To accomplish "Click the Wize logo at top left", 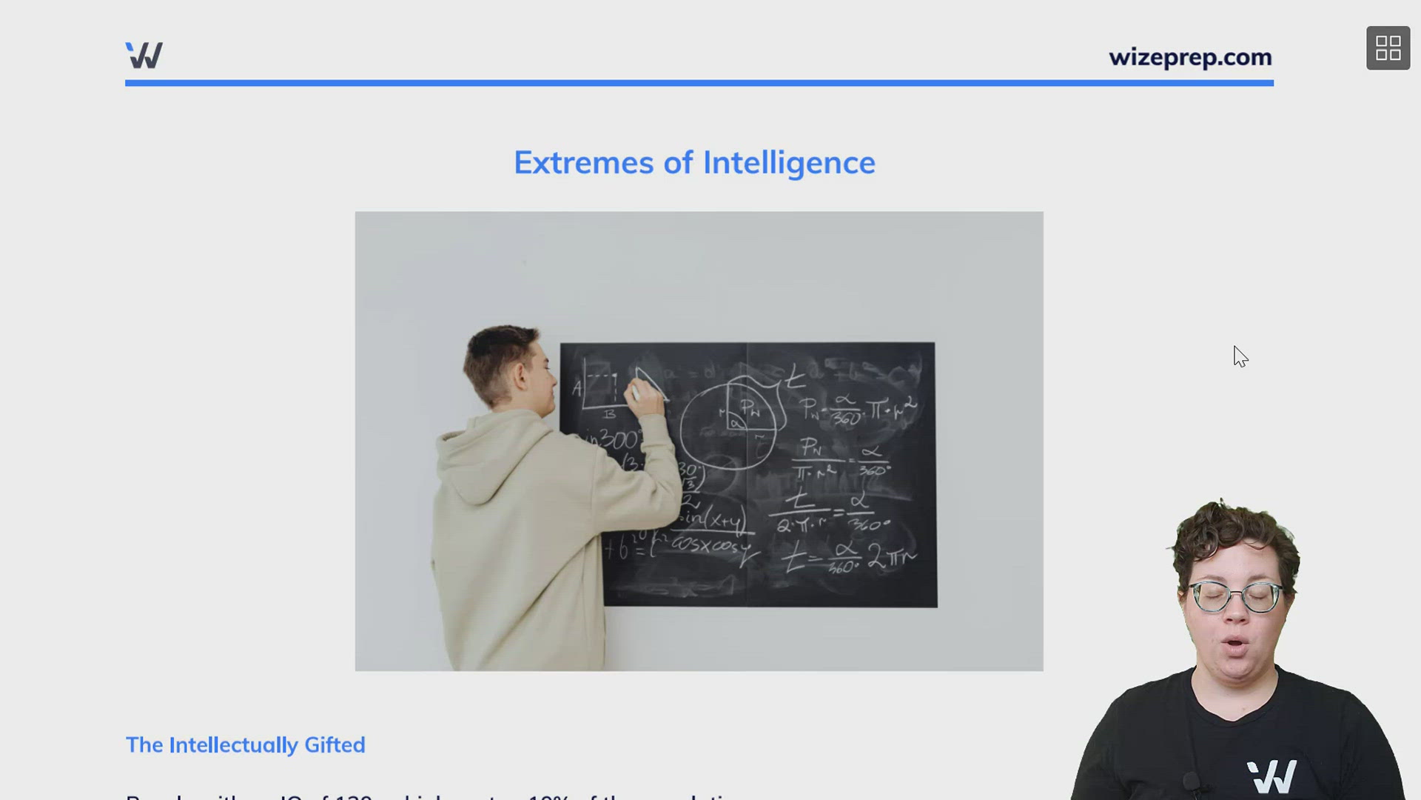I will [x=144, y=56].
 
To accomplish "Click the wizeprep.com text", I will [x=1189, y=57].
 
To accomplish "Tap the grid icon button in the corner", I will [x=1388, y=48].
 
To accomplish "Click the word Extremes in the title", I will [x=583, y=163].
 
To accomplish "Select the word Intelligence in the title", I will [x=788, y=163].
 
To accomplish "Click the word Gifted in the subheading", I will [x=335, y=744].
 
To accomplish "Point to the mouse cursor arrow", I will [x=1240, y=356].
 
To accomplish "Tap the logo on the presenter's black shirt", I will [x=1271, y=776].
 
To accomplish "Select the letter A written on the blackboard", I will [x=577, y=387].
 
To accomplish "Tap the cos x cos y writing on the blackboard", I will [x=710, y=546].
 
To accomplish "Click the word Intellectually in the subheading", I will [x=233, y=744].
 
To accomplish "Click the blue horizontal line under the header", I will [x=699, y=83].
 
